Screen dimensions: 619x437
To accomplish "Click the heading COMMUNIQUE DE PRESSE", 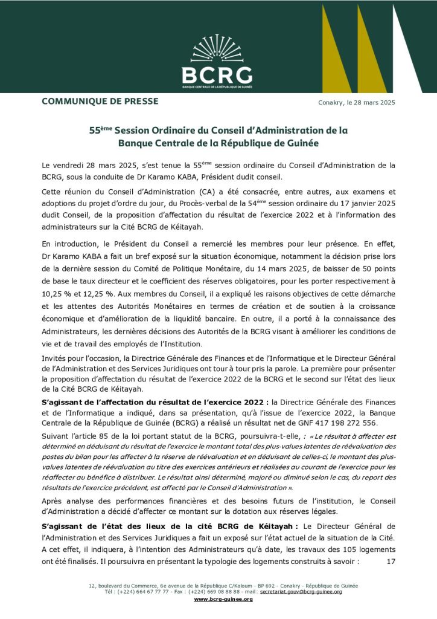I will pos(100,101).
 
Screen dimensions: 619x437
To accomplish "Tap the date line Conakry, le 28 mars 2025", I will pos(356,102).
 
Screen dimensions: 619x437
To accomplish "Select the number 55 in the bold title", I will pos(95,131).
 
